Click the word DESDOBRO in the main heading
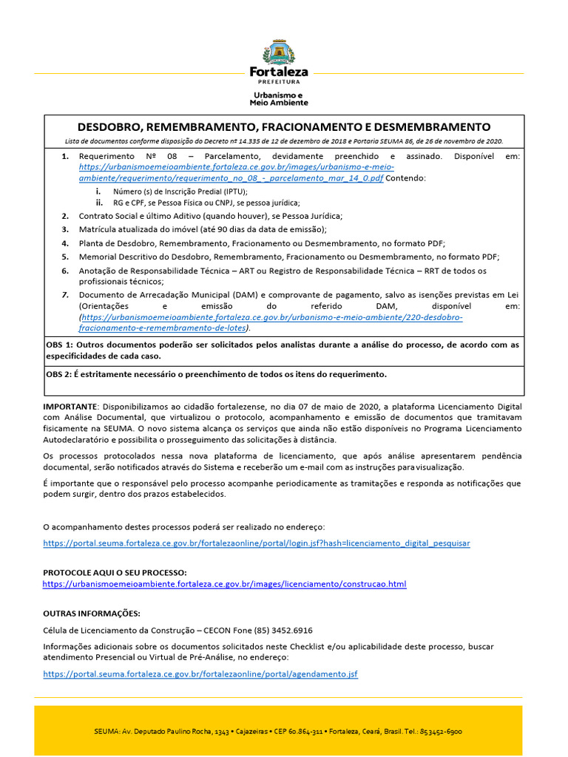[110, 127]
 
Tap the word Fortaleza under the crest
[279, 72]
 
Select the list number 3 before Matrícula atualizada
[65, 229]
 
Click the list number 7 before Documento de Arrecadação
[65, 294]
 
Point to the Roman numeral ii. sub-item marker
[99, 202]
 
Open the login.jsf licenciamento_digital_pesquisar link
[256, 543]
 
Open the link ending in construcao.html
[224, 584]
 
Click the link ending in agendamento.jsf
[200, 674]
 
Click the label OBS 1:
[59, 344]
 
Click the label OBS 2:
[59, 374]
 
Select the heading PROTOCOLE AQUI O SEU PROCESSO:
[115, 573]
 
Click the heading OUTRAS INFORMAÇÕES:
[91, 614]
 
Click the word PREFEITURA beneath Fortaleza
[278, 83]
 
